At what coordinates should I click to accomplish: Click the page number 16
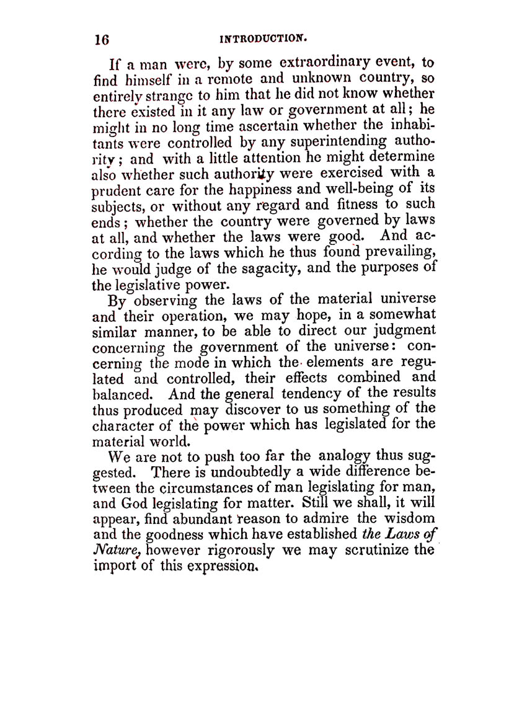(102, 39)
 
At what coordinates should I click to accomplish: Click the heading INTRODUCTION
(263, 38)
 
